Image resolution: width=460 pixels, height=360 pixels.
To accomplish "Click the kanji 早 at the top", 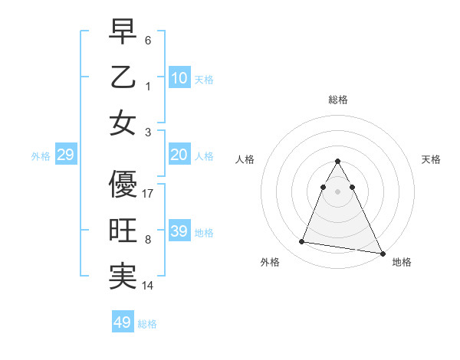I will pos(123,33).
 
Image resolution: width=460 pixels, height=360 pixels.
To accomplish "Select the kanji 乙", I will pos(123,77).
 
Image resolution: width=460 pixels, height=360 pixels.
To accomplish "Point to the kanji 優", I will pos(123,185).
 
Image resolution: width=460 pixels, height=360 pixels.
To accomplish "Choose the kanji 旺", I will pos(123,231).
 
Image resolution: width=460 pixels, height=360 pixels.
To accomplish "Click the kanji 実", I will pos(123,277).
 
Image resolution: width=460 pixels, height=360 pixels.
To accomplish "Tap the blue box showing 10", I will pos(179,78).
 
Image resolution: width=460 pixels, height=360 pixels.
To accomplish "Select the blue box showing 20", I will pos(179,155).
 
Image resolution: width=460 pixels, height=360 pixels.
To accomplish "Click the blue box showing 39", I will pos(179,231).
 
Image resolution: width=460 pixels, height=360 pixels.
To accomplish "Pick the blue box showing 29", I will pos(65,155).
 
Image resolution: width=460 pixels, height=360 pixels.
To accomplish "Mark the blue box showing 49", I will pos(123,322).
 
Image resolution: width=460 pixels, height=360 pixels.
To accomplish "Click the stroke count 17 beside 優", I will pos(148,194).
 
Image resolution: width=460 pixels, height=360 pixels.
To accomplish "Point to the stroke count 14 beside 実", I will pos(148,286).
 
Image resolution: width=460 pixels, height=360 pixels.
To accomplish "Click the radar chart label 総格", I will pos(338,100).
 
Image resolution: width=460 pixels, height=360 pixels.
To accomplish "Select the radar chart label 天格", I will pos(432,159).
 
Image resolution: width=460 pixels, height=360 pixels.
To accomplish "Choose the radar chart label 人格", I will pos(245,159).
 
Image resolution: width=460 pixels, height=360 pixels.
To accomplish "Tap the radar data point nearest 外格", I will pos(302,242).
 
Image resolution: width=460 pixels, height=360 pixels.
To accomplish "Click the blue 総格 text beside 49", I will pos(147,324).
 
